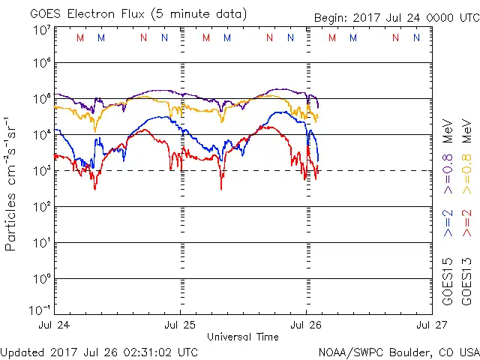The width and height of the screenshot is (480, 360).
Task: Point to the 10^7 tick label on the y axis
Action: pos(41,31)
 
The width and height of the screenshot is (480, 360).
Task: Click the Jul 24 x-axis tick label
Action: pos(53,325)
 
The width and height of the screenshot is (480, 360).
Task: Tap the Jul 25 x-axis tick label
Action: pos(180,325)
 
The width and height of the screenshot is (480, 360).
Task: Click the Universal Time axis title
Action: pos(243,337)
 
